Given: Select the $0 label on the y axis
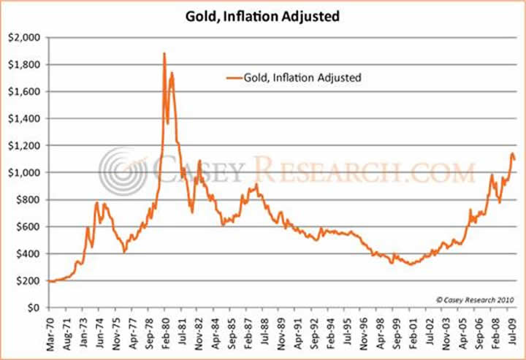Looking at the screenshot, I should coord(34,307).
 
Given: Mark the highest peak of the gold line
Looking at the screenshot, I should coord(164,53).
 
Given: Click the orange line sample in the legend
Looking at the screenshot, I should coord(236,76).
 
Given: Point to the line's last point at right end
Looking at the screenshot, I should coord(514,159).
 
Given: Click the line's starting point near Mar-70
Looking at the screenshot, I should coord(50,281).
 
